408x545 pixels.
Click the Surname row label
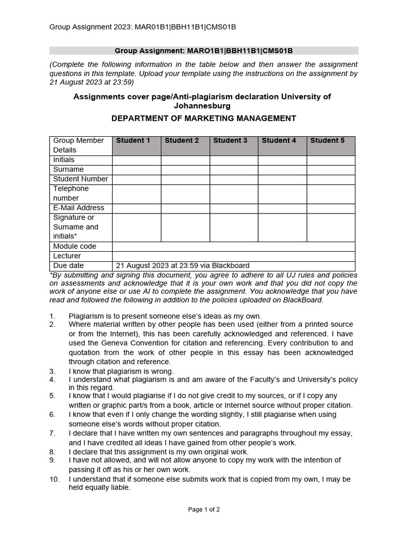[69, 169]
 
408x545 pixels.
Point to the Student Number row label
[80, 179]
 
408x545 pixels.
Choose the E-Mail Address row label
[79, 208]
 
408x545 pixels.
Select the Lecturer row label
[67, 256]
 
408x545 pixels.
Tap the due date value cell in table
[182, 266]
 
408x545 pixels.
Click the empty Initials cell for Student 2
[185, 160]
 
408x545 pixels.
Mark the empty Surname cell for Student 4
[282, 169]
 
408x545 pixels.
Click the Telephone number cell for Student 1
[136, 193]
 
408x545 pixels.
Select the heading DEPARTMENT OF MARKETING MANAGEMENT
[203, 118]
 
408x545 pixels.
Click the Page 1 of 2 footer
[204, 509]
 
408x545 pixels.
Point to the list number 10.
[54, 479]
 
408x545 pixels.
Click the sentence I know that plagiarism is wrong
[121, 371]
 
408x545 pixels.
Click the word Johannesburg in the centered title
[203, 106]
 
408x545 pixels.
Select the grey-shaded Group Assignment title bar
[203, 51]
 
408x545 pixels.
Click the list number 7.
[52, 433]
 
